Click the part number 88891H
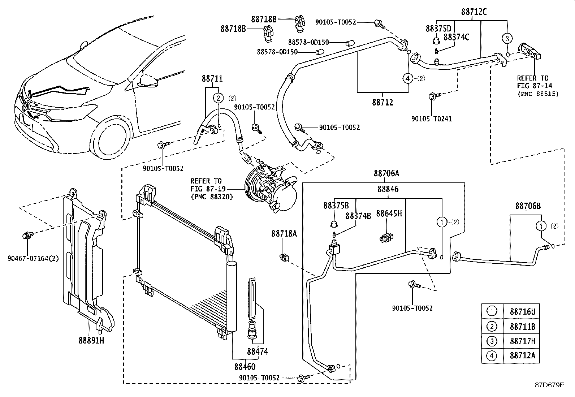click(91, 341)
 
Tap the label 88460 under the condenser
click(245, 367)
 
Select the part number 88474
click(258, 351)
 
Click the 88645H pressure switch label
click(389, 213)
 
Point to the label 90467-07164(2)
click(33, 258)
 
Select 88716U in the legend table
click(523, 311)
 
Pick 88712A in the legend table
click(523, 355)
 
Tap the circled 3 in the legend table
click(492, 341)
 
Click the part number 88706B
click(528, 206)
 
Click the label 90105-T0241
click(432, 119)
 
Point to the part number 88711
click(212, 79)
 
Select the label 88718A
click(284, 233)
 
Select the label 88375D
click(438, 29)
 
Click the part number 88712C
click(474, 12)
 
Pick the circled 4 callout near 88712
click(408, 78)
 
